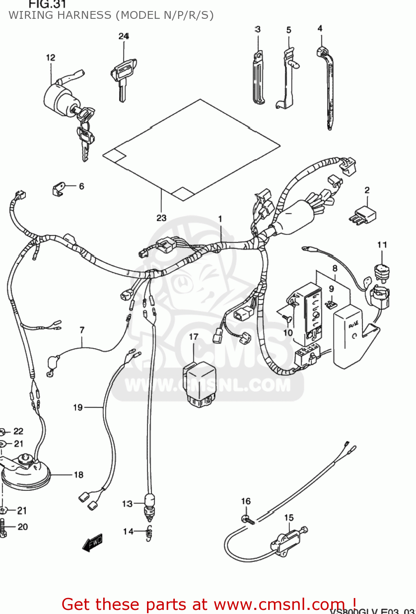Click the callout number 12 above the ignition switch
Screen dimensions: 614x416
50,58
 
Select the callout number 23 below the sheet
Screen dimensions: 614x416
161,218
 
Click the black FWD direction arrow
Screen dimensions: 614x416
93,543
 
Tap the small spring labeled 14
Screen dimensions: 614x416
149,532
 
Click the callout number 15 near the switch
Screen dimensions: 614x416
289,518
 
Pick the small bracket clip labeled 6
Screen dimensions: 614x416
59,189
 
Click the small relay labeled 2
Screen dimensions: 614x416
364,214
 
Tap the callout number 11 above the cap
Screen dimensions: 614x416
382,245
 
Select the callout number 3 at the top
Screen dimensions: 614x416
258,29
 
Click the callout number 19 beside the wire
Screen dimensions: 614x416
78,407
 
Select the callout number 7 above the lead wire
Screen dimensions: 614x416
82,330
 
